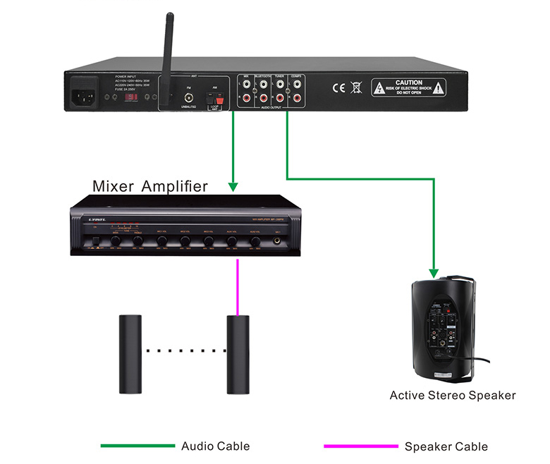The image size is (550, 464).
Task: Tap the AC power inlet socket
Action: (84, 97)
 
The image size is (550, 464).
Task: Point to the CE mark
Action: (338, 88)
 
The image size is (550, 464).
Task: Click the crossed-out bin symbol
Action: (357, 88)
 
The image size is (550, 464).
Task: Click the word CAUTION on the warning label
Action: (409, 83)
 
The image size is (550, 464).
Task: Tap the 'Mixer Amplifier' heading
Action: (150, 186)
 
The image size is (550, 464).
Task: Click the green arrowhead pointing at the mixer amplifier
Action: (232, 187)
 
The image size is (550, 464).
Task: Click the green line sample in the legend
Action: (137, 446)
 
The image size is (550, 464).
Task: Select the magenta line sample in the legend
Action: (360, 446)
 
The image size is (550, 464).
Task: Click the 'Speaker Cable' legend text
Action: (446, 446)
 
